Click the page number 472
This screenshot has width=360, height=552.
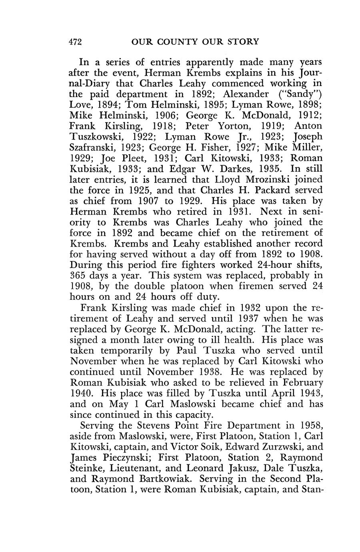76,42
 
